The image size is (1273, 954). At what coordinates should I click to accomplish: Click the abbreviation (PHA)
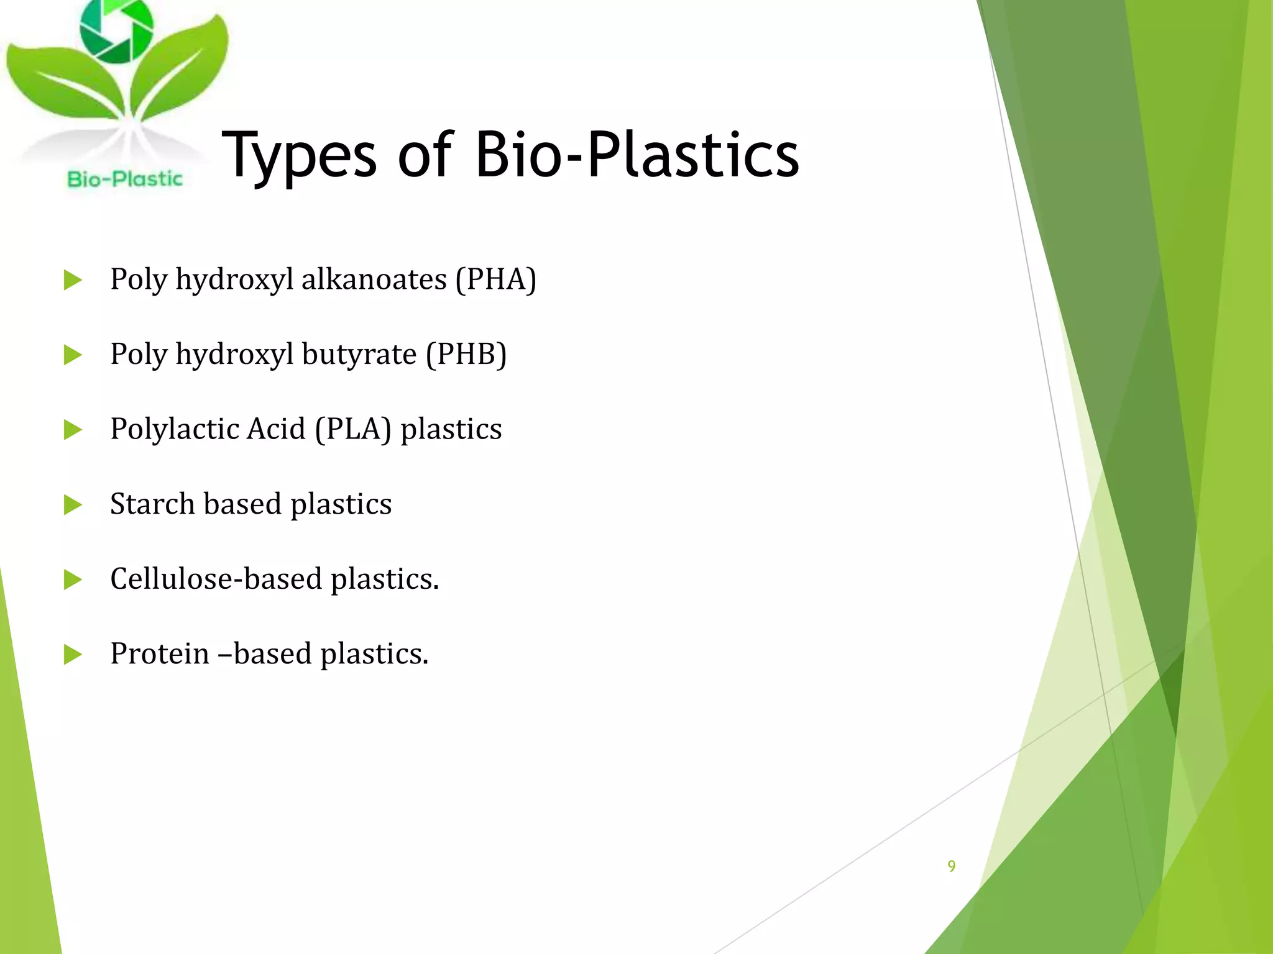pos(495,279)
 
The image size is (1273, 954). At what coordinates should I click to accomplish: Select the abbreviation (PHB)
pos(466,354)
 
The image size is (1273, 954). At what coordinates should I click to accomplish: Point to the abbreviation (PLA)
pos(353,429)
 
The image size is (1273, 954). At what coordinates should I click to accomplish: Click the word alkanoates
pos(374,279)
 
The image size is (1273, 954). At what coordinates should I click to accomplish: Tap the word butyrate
pos(359,354)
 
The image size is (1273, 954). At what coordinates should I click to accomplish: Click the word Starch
pos(152,504)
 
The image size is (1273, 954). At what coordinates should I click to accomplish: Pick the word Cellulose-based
pos(216,579)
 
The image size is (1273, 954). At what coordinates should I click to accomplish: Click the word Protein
pos(160,653)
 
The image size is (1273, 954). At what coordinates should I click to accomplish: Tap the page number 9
pos(951,866)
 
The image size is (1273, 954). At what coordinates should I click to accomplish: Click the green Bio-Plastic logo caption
pos(125,179)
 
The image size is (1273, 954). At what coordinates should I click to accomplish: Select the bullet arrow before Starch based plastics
pos(73,505)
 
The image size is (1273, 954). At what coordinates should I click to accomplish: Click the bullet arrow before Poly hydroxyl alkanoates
pos(73,280)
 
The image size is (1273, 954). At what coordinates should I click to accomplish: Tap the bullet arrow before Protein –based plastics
pos(73,655)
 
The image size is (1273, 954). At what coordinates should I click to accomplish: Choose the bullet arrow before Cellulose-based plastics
pos(73,580)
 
